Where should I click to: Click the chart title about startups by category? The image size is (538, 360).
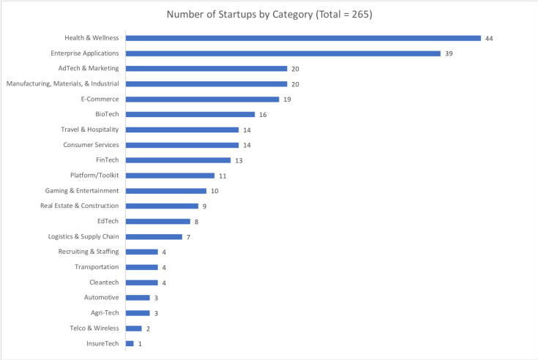pyautogui.click(x=269, y=14)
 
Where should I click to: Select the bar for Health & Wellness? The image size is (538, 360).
pyautogui.click(x=303, y=38)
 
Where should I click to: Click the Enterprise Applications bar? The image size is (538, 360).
pyautogui.click(x=283, y=53)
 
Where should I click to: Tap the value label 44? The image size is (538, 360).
pyautogui.click(x=489, y=38)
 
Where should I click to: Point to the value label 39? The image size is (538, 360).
pyautogui.click(x=449, y=53)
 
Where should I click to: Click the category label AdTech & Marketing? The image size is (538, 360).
pyautogui.click(x=89, y=68)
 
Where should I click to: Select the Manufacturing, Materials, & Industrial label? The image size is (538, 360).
pyautogui.click(x=62, y=83)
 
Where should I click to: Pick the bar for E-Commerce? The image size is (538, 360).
pyautogui.click(x=203, y=99)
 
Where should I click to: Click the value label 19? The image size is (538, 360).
pyautogui.click(x=288, y=99)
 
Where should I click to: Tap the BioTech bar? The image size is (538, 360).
pyautogui.click(x=190, y=114)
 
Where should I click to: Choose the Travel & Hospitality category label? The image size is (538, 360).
pyautogui.click(x=90, y=130)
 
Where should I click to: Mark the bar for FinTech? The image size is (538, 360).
pyautogui.click(x=179, y=160)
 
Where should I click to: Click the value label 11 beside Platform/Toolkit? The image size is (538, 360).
pyautogui.click(x=223, y=176)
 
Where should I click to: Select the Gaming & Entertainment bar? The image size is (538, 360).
pyautogui.click(x=166, y=191)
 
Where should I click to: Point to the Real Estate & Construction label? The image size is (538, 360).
pyautogui.click(x=79, y=206)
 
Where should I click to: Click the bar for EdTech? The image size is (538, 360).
pyautogui.click(x=158, y=221)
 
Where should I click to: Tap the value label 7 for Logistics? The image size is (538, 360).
pyautogui.click(x=188, y=236)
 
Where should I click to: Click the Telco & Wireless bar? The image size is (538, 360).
pyautogui.click(x=134, y=328)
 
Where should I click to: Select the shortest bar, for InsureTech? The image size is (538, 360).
pyautogui.click(x=130, y=343)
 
